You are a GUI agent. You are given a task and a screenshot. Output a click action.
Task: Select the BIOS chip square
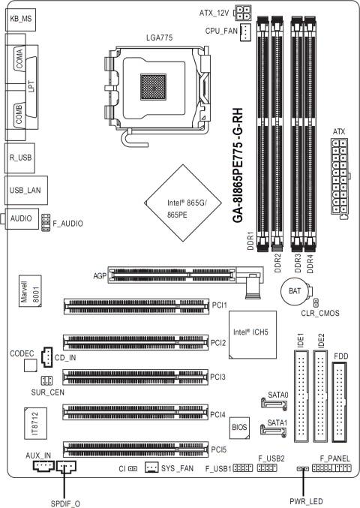click(239, 427)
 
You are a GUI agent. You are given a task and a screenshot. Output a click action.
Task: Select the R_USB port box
click(22, 159)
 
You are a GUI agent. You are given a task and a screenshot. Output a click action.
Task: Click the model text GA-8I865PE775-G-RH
click(236, 161)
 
